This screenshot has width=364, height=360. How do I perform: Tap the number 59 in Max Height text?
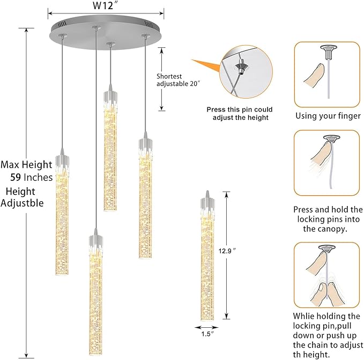pyautogui.click(x=16, y=178)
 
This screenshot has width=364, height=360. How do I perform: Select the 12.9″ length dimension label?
pyautogui.click(x=227, y=251)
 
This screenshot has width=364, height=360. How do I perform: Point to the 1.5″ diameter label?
pyautogui.click(x=207, y=334)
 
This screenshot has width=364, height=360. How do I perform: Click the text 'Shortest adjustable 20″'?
pyautogui.click(x=179, y=80)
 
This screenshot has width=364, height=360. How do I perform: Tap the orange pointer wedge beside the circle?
pyautogui.click(x=206, y=67)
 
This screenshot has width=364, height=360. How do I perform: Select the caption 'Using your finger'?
pyautogui.click(x=328, y=116)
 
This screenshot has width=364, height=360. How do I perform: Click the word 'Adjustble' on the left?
pyautogui.click(x=22, y=203)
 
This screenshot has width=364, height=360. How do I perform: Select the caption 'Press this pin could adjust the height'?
pyautogui.click(x=240, y=113)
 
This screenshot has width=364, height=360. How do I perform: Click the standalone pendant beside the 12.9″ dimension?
pyautogui.click(x=207, y=255)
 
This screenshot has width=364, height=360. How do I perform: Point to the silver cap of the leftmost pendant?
pyautogui.click(x=62, y=160)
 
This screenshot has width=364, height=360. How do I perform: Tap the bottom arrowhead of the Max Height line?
pyautogui.click(x=26, y=356)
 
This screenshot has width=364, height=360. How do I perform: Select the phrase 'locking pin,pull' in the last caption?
pyautogui.click(x=322, y=326)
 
